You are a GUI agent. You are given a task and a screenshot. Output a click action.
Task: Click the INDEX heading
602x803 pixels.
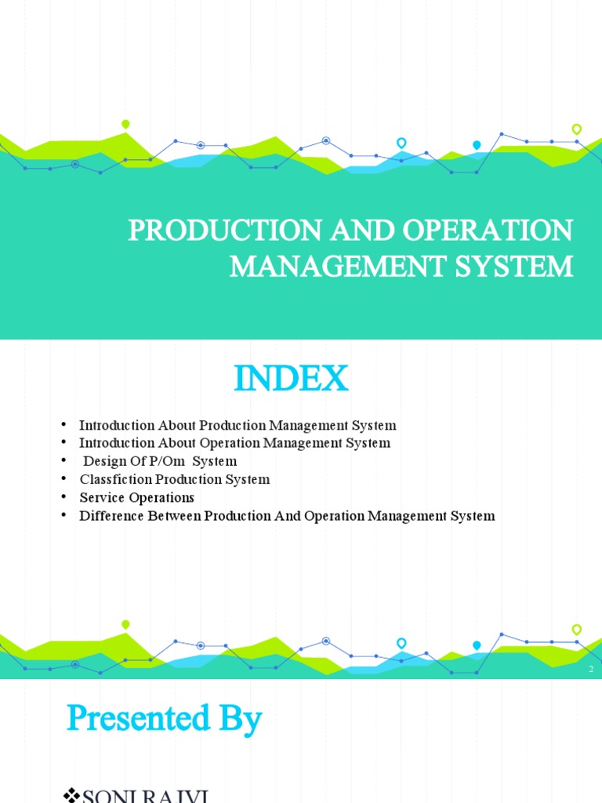(291, 380)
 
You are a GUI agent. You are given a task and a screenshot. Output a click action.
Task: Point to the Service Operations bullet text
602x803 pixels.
(136, 498)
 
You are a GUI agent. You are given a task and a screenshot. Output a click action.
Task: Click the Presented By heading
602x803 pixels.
(165, 718)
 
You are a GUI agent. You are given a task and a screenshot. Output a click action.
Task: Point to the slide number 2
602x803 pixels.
(591, 669)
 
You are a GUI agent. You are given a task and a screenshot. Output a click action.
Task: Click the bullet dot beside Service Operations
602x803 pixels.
(63, 498)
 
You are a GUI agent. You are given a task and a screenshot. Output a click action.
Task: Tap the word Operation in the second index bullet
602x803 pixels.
(232, 444)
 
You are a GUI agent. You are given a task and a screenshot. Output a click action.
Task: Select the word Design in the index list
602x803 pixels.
(103, 462)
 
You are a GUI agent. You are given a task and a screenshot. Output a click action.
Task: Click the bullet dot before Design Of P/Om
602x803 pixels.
(63, 462)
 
